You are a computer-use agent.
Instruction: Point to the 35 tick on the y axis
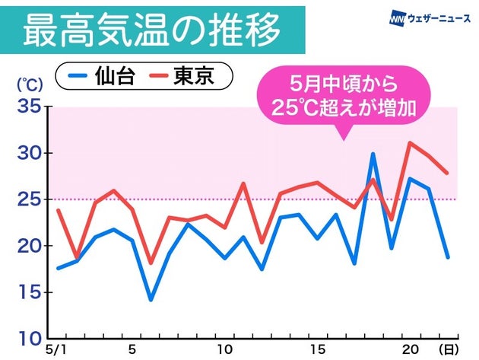[28, 107]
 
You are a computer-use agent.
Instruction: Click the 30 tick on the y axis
[28, 153]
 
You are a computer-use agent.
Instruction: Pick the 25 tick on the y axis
[28, 199]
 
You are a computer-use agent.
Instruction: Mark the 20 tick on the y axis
[28, 246]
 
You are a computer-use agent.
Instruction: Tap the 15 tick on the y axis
[28, 292]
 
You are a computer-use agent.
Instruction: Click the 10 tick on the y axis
[28, 338]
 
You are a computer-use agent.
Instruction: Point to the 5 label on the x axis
[132, 349]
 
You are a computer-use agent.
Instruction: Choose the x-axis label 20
[410, 349]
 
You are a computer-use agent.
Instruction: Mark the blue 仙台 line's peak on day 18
[373, 154]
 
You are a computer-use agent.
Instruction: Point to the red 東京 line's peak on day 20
[410, 142]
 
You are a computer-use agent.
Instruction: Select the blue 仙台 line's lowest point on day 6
[151, 299]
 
